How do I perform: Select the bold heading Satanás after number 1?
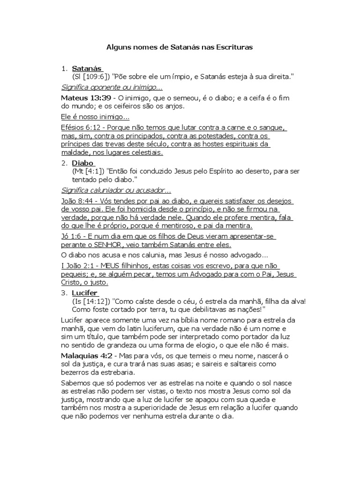[x=87, y=68]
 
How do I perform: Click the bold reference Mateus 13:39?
[x=86, y=97]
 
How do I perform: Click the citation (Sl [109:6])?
[x=90, y=76]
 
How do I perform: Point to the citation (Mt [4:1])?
[x=89, y=172]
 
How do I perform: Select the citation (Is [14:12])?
[x=90, y=301]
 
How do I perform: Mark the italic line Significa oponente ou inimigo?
[x=112, y=87]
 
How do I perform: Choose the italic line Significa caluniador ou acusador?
[x=116, y=190]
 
